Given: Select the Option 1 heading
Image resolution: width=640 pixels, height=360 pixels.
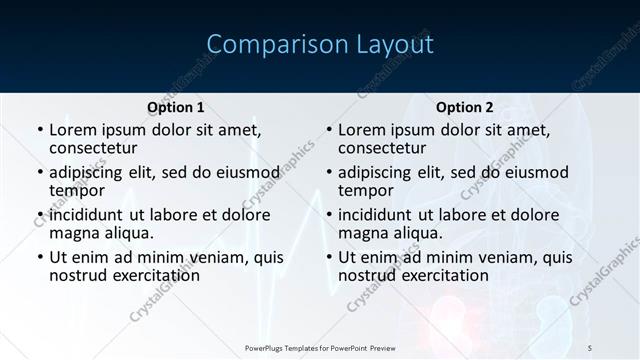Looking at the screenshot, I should click(x=175, y=107).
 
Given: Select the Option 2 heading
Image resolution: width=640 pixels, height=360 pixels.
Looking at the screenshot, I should click(x=465, y=107).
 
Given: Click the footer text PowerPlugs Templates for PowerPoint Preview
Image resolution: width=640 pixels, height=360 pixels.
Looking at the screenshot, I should click(x=319, y=347).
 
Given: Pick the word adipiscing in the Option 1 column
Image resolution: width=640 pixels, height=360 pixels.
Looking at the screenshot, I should click(x=91, y=172).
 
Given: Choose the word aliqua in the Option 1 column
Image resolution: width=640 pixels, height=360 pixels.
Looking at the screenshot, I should click(x=128, y=233).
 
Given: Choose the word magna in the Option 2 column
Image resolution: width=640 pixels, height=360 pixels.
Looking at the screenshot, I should click(x=363, y=233).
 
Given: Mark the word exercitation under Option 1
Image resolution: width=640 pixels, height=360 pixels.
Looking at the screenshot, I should click(x=153, y=275).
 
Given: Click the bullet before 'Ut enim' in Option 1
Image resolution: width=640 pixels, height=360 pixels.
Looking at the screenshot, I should click(x=39, y=257).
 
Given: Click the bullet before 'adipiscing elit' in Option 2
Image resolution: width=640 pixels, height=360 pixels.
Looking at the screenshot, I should click(x=328, y=172).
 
